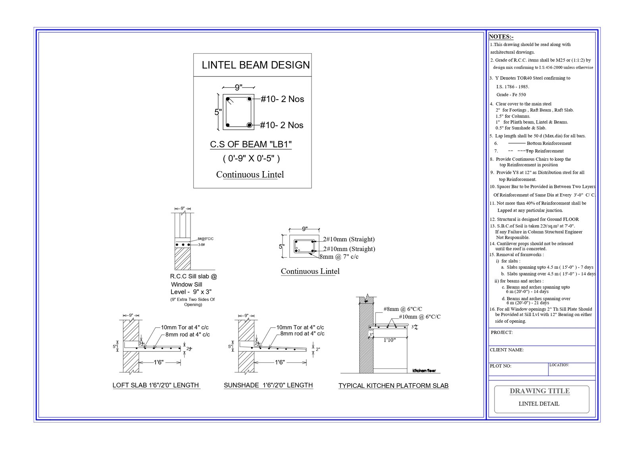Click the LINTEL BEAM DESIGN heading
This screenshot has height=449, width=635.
click(256, 65)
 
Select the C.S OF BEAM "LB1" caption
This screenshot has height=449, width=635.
click(251, 145)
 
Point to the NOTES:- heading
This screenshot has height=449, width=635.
click(501, 37)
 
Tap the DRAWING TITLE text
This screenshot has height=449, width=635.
click(539, 391)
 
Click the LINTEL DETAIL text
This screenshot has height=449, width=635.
click(539, 404)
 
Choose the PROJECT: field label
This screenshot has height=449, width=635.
click(501, 333)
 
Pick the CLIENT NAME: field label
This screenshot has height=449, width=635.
click(506, 350)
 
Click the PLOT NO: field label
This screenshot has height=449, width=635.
click(500, 366)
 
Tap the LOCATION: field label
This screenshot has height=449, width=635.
click(559, 365)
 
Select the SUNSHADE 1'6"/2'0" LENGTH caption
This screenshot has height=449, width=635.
click(268, 385)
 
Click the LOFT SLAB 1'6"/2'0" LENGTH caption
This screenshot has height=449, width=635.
click(156, 385)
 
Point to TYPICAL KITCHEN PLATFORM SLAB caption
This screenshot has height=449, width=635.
click(393, 386)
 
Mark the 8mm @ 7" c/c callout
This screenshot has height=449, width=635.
click(339, 257)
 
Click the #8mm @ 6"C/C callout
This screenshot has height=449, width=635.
click(402, 309)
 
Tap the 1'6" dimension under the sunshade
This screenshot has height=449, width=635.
click(280, 362)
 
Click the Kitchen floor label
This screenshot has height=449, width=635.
click(424, 371)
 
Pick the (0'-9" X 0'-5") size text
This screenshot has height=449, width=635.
click(251, 159)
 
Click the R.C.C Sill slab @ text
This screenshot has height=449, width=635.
click(194, 276)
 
